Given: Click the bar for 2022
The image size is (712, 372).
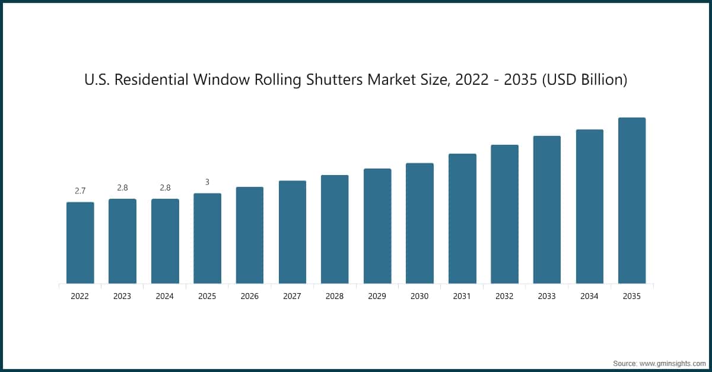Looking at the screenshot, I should (80, 243).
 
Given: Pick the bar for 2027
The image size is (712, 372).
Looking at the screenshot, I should (293, 232).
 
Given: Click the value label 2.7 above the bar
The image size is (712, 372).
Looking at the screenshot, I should (80, 191).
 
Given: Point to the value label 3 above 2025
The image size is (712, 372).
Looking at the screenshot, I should (207, 182).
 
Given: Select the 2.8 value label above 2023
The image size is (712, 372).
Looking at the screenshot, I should (122, 187).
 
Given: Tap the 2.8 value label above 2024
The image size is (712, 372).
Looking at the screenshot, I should (165, 187).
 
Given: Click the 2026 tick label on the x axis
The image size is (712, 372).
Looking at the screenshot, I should (250, 296).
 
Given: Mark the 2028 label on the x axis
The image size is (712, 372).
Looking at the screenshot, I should (335, 296).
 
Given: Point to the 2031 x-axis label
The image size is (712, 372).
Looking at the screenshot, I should (462, 296).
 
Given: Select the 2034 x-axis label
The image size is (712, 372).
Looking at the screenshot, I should (589, 296).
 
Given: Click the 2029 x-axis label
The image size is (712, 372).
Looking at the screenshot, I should (377, 296).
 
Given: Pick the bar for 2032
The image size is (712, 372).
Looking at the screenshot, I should (504, 214).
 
